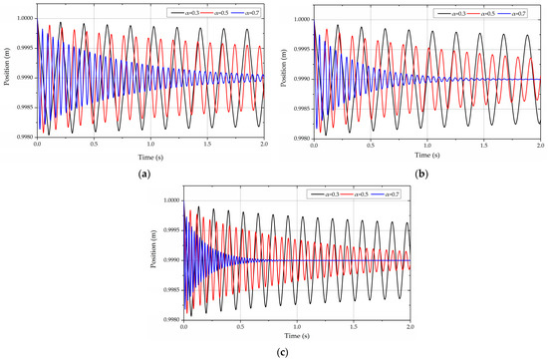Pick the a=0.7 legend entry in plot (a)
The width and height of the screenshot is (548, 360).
coord(243,11)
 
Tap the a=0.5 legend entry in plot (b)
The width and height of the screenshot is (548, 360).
coord(488,11)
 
